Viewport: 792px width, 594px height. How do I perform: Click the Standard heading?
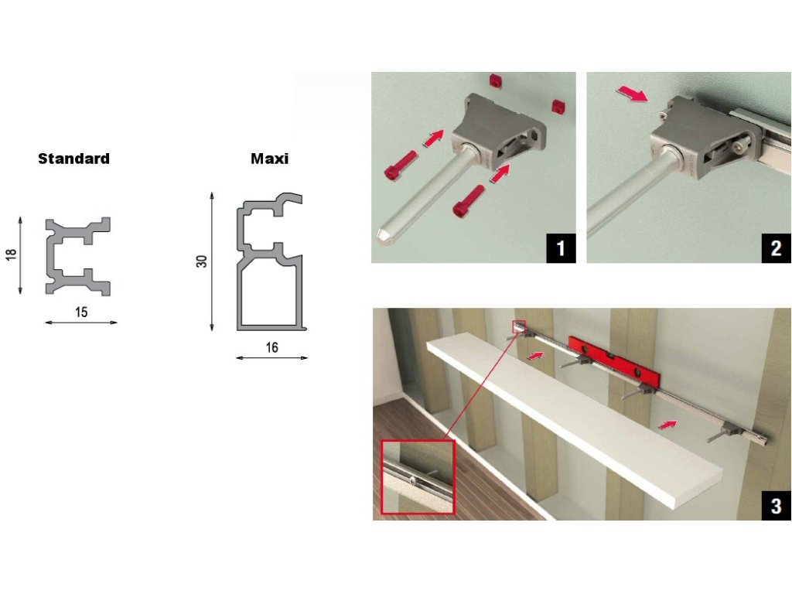pos(73,159)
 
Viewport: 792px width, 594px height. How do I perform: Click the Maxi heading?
pos(269,159)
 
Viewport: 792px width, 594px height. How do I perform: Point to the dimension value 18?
pos(11,254)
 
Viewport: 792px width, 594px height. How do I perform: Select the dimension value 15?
pos(81,312)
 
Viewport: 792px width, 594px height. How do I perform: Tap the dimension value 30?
pos(202,261)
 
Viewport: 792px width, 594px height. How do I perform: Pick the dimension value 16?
pos(271,347)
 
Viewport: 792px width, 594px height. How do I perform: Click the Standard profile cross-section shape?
pos(78,257)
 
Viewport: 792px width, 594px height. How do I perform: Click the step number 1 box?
pos(561,248)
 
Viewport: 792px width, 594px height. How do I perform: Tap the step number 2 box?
pos(777,248)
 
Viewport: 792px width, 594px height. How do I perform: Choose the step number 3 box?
pos(777,506)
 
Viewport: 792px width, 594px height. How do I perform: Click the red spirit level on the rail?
pos(613,359)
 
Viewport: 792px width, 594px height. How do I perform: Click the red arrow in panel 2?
pos(631,94)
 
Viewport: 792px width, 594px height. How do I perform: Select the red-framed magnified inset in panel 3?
pos(418,476)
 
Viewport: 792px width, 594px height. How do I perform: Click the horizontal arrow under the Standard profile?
pos(80,323)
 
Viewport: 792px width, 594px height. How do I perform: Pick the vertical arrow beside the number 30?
pos(212,261)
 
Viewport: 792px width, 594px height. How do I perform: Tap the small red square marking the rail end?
pos(519,327)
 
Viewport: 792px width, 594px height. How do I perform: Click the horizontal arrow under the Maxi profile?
pos(271,357)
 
